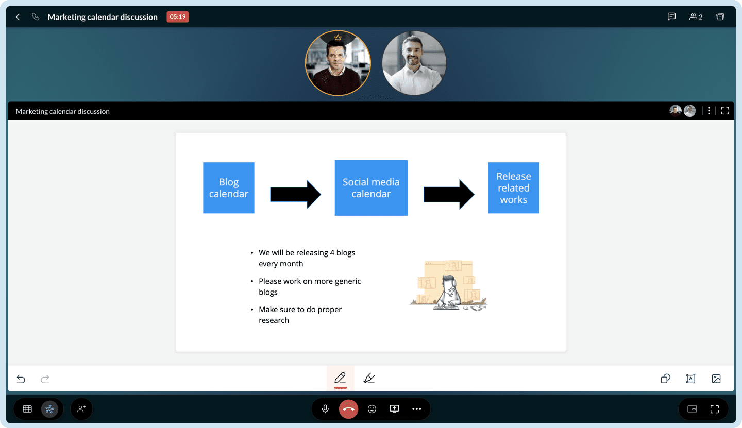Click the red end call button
(x=348, y=409)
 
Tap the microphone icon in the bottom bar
(x=325, y=409)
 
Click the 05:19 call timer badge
(x=178, y=17)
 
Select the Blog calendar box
(x=229, y=187)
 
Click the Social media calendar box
(x=371, y=187)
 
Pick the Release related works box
(x=513, y=187)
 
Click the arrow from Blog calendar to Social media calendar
(x=295, y=194)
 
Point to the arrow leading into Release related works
(x=449, y=194)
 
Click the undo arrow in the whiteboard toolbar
(x=21, y=379)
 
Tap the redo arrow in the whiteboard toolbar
(x=45, y=379)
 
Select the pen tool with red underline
(x=340, y=379)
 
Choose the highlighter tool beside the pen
(x=369, y=378)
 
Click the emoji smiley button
(x=372, y=409)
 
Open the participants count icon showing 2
(x=696, y=16)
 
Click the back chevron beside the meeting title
(x=18, y=17)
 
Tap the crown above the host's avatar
(x=338, y=38)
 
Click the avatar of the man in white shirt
(x=414, y=63)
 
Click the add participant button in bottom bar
(x=81, y=409)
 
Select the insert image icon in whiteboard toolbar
(x=716, y=379)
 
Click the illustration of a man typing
(x=448, y=285)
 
